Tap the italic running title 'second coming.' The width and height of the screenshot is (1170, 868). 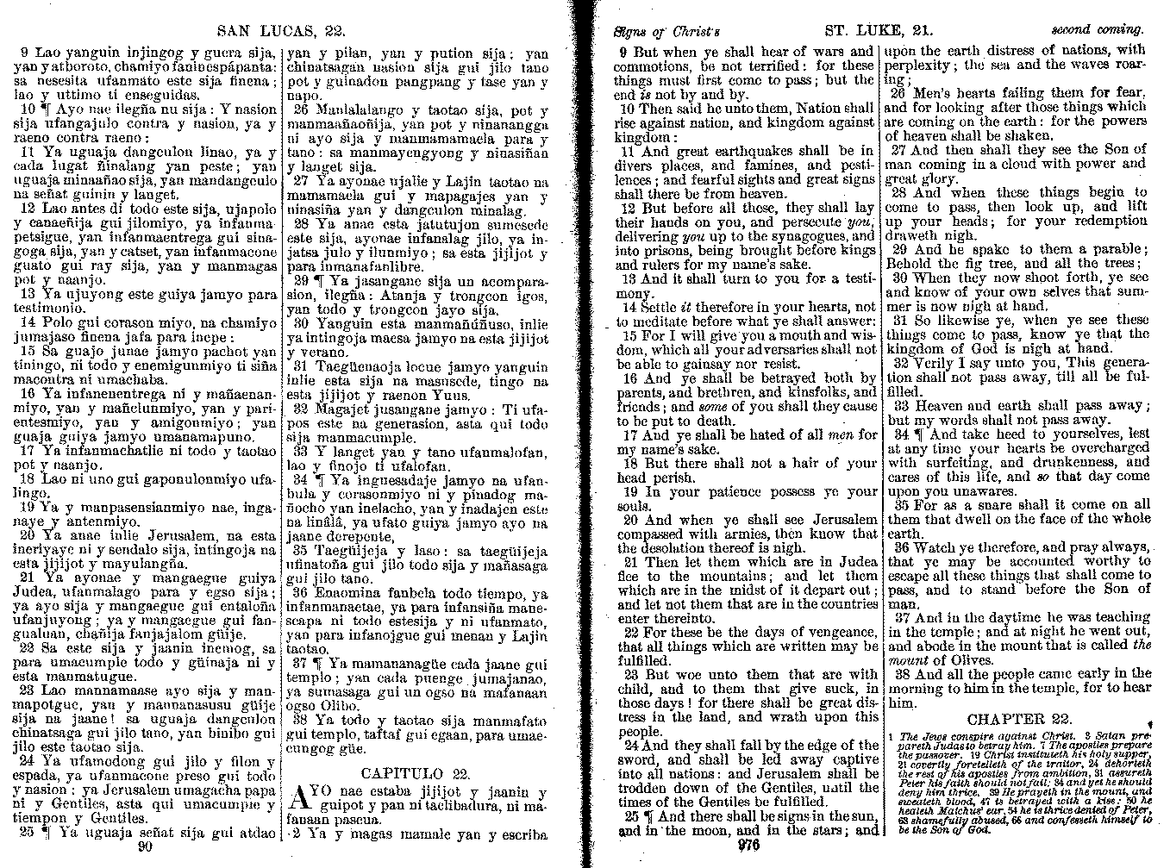pos(1091,30)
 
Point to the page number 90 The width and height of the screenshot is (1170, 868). pos(146,846)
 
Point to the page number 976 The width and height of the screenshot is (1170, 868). pos(748,846)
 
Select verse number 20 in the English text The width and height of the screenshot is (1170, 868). pos(629,520)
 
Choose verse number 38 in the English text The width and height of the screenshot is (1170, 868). pos(902,673)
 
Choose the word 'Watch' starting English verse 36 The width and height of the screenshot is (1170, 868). pos(933,547)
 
